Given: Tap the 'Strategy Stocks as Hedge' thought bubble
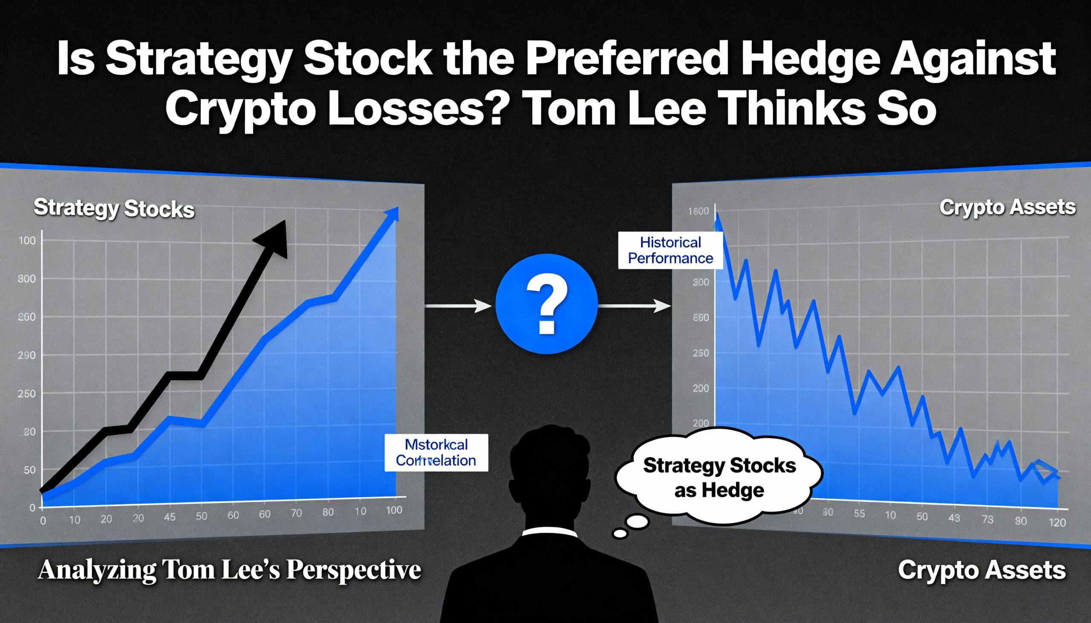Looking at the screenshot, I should tap(719, 477).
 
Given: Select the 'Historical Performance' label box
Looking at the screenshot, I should tap(670, 250).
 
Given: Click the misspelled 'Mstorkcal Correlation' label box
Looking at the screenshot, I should tap(436, 453).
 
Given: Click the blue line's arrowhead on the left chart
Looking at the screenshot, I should tap(392, 213).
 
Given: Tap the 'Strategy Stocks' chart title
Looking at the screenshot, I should tap(114, 208).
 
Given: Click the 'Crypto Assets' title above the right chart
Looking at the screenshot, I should tap(1007, 207).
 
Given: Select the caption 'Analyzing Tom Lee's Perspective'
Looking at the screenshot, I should tap(229, 570).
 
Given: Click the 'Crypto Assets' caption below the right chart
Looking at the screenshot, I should tap(981, 570).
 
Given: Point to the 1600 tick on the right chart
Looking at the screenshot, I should tap(698, 211).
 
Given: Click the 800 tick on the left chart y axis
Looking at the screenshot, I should tap(26, 279).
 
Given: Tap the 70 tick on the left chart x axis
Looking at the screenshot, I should tap(296, 513).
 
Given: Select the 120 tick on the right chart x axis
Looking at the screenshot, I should tap(1057, 522).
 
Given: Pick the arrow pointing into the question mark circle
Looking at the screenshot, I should tap(458, 305).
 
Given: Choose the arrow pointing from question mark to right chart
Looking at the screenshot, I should tap(634, 305).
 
